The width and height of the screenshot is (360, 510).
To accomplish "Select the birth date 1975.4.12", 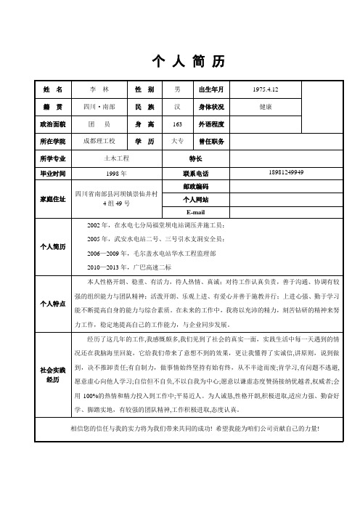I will tap(266, 89).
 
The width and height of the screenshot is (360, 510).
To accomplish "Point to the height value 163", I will tap(177, 124).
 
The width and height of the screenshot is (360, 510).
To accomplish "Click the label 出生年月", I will tap(212, 89).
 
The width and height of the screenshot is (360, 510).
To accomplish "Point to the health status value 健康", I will tap(266, 107).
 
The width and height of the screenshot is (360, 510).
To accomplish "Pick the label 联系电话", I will tap(197, 174).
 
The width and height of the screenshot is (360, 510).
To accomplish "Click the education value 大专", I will tap(177, 140).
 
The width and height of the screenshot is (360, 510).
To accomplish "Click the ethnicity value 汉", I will tap(177, 107).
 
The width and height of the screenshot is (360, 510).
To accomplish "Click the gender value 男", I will tap(177, 89).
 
